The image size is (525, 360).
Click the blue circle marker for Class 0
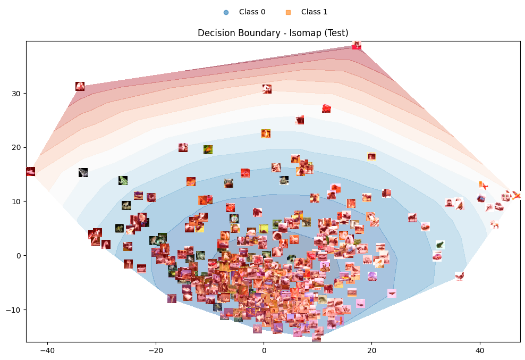226,12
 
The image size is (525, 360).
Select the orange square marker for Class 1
288,12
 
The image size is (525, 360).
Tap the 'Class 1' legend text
314,12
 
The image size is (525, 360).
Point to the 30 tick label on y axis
16,94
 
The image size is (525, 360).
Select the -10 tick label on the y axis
14,309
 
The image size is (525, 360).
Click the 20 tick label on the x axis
371,351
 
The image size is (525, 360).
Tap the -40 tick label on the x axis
47,351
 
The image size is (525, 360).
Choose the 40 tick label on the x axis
480,351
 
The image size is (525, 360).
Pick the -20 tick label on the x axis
156,351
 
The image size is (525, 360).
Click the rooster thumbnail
459,276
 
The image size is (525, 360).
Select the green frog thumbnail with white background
439,245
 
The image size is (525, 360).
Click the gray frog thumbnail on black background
83,172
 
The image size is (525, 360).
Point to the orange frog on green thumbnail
208,150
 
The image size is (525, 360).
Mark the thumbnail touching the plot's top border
357,45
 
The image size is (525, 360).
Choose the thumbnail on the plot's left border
30,171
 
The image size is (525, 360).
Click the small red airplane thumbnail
484,186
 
